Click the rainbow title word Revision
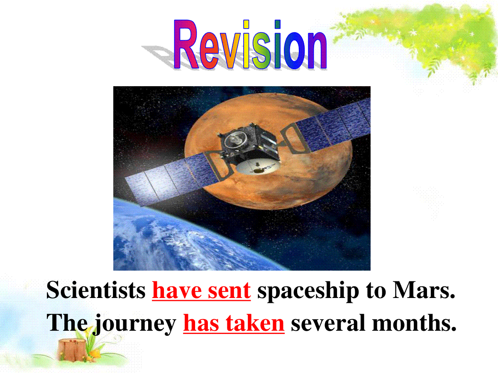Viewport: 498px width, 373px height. pyautogui.click(x=250, y=44)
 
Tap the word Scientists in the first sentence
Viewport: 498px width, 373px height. pyautogui.click(x=96, y=290)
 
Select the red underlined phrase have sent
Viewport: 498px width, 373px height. pyautogui.click(x=201, y=291)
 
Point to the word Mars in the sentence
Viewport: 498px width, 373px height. pyautogui.click(x=423, y=290)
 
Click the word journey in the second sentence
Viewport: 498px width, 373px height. pyautogui.click(x=135, y=325)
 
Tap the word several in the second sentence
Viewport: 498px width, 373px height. pyautogui.click(x=328, y=323)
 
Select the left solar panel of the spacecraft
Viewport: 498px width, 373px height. pyautogui.click(x=172, y=179)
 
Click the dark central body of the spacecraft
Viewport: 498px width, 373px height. pyautogui.click(x=249, y=143)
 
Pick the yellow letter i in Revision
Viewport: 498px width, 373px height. pyautogui.click(x=246, y=44)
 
